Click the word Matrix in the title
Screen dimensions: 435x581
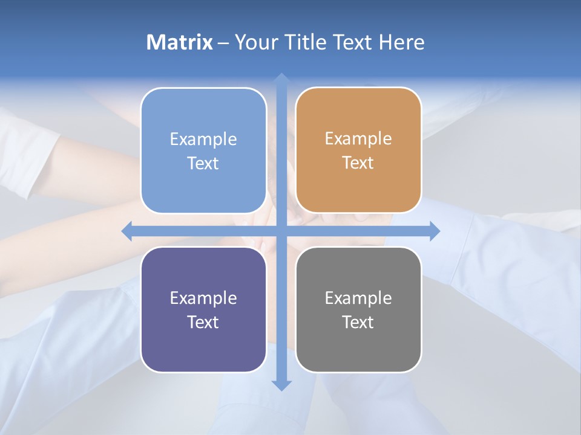[180, 42]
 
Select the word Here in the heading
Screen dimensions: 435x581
[401, 42]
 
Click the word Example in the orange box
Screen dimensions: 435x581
[358, 139]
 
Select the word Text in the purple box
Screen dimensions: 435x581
[203, 322]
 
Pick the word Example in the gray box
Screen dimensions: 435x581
[358, 298]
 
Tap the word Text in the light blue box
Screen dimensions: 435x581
[203, 163]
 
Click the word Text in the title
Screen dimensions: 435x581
[352, 42]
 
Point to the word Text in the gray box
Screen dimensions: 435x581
[358, 322]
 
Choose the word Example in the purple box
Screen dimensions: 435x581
[203, 298]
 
